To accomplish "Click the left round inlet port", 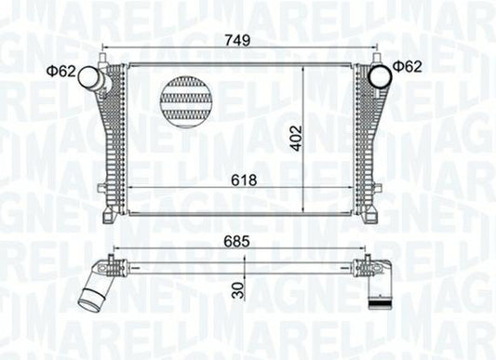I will point(90,79).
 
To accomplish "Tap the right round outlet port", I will point(382,75).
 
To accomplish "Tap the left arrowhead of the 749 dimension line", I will point(104,48).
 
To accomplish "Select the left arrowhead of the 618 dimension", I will point(130,189).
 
